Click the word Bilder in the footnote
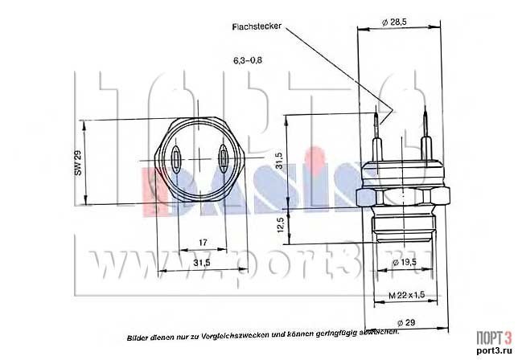(138, 332)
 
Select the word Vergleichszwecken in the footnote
(251, 332)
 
